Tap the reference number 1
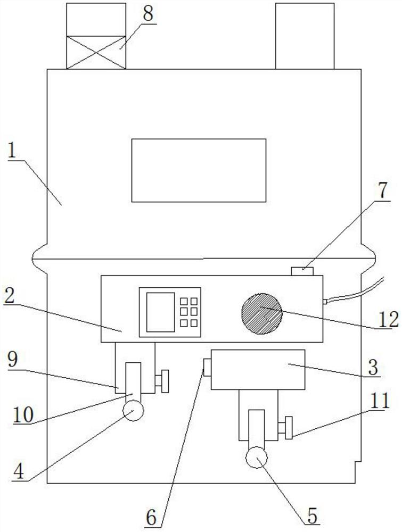[x=13, y=153]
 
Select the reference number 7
[x=384, y=190]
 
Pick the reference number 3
[x=372, y=367]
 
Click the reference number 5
[x=311, y=514]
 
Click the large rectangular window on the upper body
[x=199, y=170]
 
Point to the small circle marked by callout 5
[x=256, y=457]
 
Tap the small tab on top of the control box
[x=302, y=271]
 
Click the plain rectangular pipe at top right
[x=305, y=36]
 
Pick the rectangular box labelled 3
[x=258, y=369]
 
